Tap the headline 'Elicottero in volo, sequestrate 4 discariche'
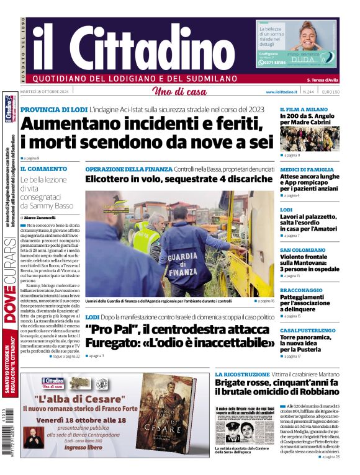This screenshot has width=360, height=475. click(179, 179)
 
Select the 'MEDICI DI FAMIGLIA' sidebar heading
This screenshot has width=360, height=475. click(307, 169)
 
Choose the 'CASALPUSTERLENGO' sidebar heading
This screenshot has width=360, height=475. click(308, 331)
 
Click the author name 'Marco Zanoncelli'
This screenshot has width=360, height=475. click(40, 218)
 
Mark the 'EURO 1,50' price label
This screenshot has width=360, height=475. click(331, 92)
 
